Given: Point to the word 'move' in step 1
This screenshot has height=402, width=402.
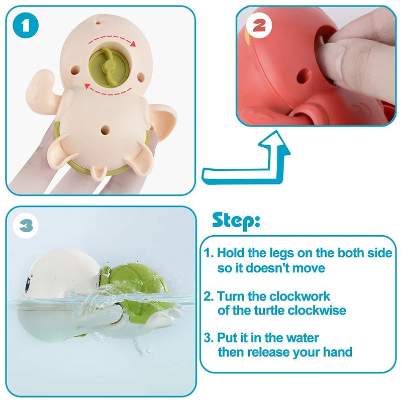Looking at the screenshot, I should coord(309,267).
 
